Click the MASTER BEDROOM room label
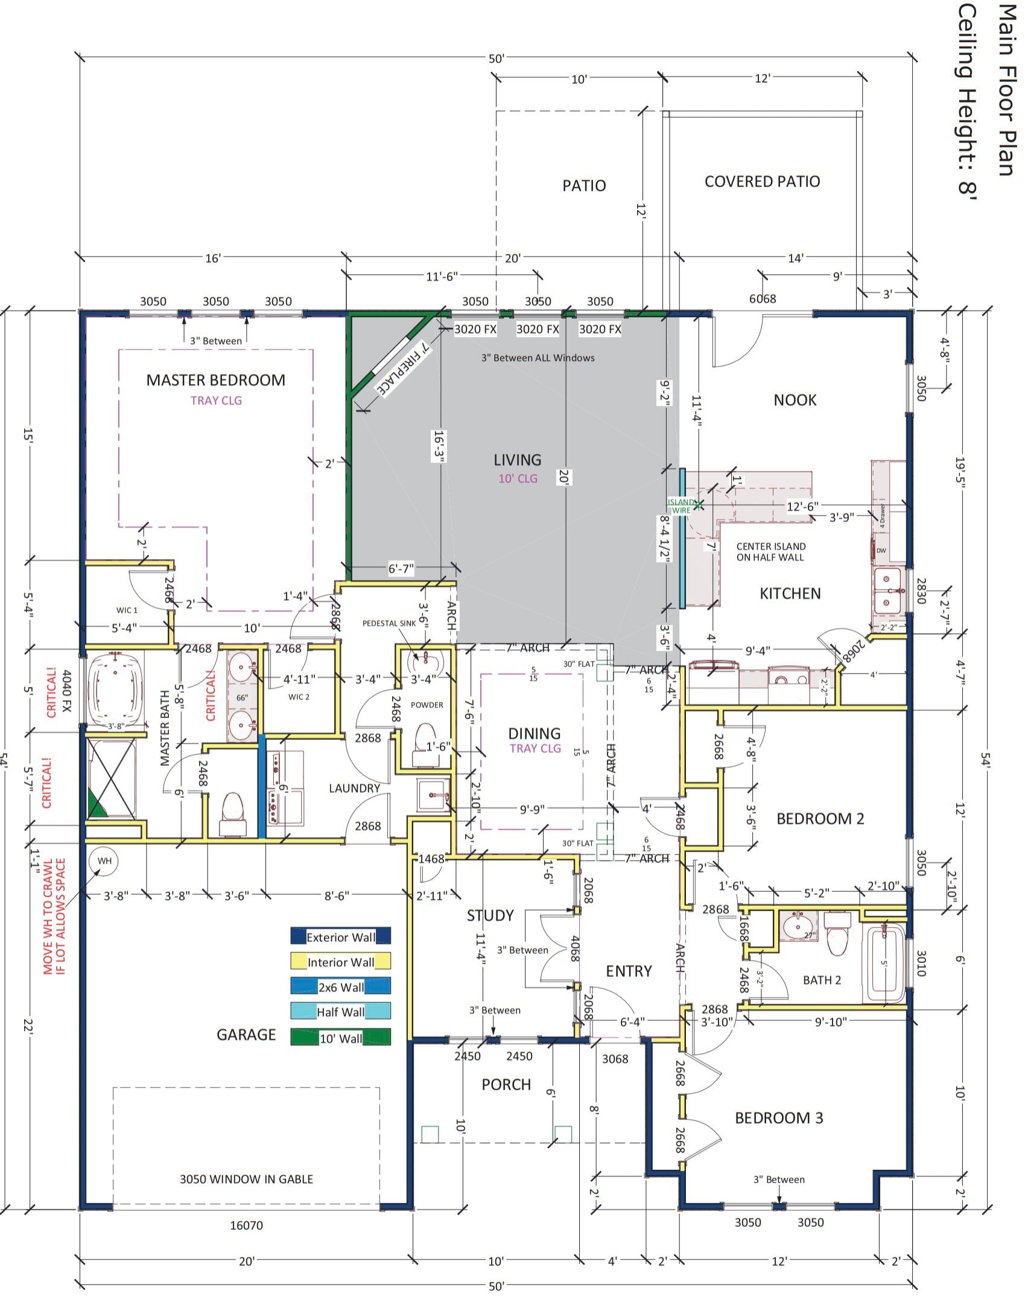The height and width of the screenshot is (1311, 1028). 215,380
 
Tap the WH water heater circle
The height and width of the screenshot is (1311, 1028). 104,861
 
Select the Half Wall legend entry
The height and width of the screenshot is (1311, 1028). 340,1012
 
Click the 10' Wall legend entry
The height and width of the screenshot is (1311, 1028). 340,1038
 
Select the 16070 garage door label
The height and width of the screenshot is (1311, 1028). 246,1225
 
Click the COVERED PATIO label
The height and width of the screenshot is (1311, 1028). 762,182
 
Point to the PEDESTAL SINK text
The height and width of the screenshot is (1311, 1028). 389,623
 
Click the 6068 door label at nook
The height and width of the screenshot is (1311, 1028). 763,299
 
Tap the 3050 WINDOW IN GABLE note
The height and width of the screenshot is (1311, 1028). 246,1178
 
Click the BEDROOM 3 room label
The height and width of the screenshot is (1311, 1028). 778,1117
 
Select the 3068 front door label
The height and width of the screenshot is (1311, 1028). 615,1058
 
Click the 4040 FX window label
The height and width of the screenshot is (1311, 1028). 67,690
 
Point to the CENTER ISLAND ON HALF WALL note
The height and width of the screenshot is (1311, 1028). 770,551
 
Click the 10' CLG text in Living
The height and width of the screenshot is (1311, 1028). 518,478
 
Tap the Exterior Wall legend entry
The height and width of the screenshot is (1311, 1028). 340,937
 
